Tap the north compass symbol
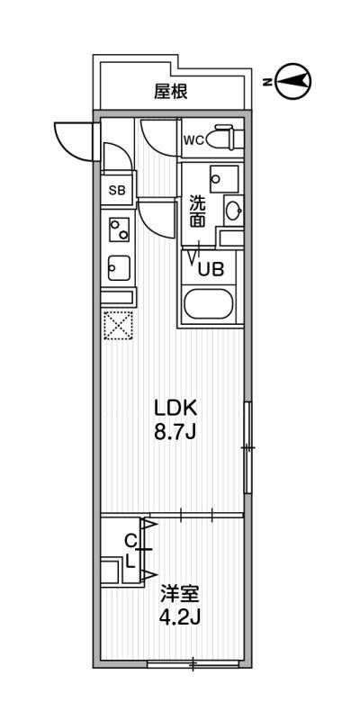tap(294, 82)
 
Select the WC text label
tap(193, 141)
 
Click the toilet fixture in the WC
tap(225, 137)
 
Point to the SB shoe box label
tap(117, 190)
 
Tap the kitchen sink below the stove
tap(119, 268)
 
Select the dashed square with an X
tap(119, 325)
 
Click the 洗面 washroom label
tap(198, 211)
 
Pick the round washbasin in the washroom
tap(234, 211)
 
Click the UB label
tap(211, 268)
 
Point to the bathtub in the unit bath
tap(209, 303)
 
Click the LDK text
tap(175, 408)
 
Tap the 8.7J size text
tap(175, 432)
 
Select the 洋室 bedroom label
tap(179, 595)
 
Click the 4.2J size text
tap(179, 619)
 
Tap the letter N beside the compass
tap(266, 83)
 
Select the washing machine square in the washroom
tap(224, 179)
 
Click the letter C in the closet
tap(130, 542)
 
